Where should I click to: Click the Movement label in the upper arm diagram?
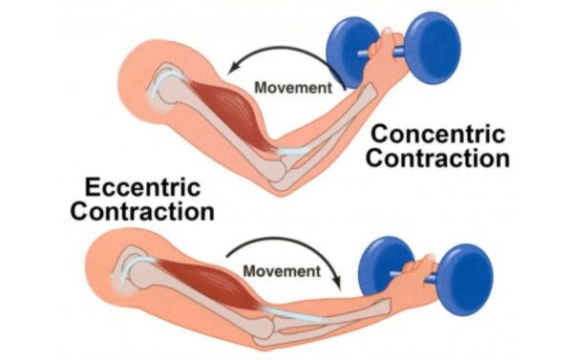(x=293, y=87)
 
